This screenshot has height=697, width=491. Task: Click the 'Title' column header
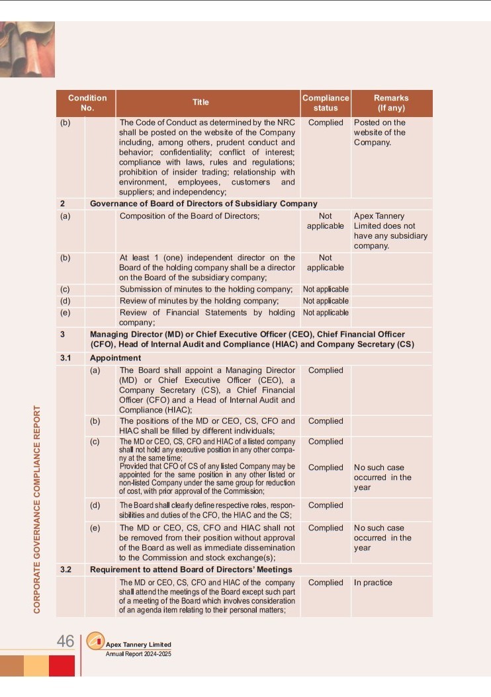tap(201, 102)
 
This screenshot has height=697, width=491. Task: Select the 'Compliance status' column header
tap(326, 102)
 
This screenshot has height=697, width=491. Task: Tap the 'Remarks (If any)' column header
tap(391, 102)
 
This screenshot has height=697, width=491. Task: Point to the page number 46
tap(65, 641)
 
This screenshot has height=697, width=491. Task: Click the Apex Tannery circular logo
tap(96, 641)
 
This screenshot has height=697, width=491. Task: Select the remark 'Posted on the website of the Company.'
tap(380, 132)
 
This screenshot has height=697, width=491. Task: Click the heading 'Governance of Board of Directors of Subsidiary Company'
tap(203, 204)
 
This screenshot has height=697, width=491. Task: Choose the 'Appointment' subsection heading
tap(115, 358)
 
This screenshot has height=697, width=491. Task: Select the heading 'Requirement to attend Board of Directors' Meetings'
tap(191, 569)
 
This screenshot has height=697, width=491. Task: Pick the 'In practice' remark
tap(373, 583)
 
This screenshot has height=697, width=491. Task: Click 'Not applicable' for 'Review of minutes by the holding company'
tap(326, 301)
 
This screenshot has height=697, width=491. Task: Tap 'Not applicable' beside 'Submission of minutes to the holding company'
tap(326, 289)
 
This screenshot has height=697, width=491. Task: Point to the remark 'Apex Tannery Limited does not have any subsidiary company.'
tap(390, 231)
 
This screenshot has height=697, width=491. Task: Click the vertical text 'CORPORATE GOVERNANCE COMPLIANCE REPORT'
tap(38, 508)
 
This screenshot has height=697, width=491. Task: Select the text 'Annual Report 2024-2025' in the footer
tap(138, 653)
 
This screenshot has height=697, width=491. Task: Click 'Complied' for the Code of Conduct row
tap(326, 122)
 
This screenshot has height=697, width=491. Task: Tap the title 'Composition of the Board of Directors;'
tap(189, 216)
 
